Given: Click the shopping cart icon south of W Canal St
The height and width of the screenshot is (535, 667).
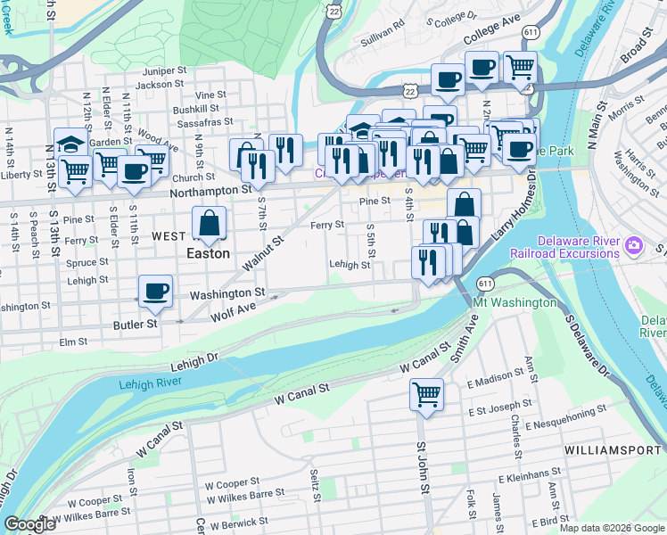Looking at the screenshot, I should pyautogui.click(x=427, y=392).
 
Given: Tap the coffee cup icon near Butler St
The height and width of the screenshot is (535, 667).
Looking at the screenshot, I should pyautogui.click(x=156, y=290).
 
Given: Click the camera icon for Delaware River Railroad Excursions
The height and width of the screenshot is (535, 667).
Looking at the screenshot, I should pyautogui.click(x=633, y=244).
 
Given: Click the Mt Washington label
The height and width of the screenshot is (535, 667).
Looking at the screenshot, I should pyautogui.click(x=515, y=303).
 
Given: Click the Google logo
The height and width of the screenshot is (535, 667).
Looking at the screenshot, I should pyautogui.click(x=29, y=524).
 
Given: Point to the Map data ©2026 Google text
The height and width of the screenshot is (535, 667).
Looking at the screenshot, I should pyautogui.click(x=612, y=528).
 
